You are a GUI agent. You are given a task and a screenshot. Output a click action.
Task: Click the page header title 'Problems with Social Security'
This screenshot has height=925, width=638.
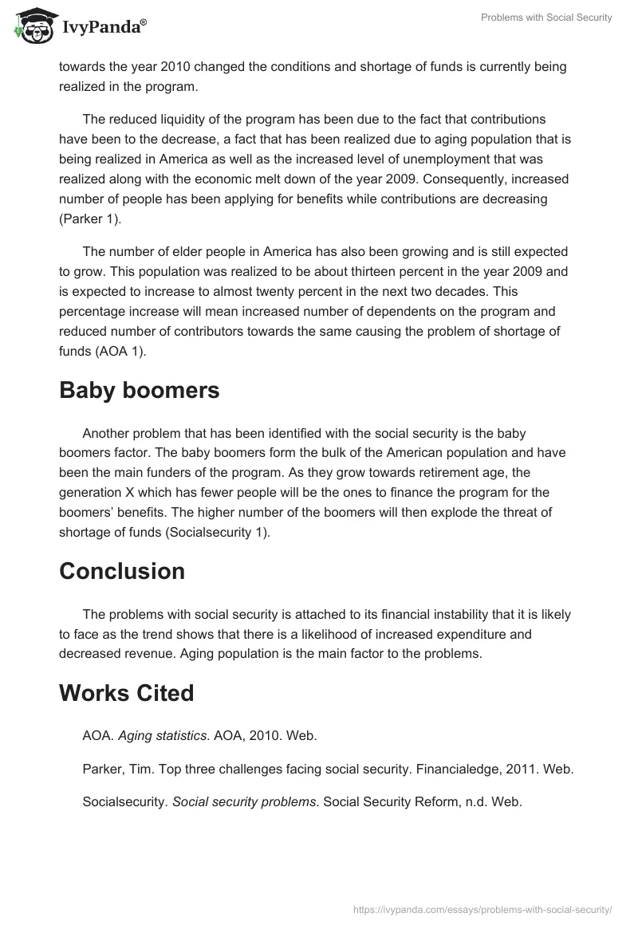(x=546, y=18)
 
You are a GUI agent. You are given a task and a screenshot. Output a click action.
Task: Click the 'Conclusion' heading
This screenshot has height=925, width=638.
(x=122, y=571)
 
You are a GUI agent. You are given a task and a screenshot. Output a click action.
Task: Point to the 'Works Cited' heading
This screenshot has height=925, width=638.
(x=127, y=693)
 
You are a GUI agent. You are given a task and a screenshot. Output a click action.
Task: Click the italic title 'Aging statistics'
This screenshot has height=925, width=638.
(x=160, y=736)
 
